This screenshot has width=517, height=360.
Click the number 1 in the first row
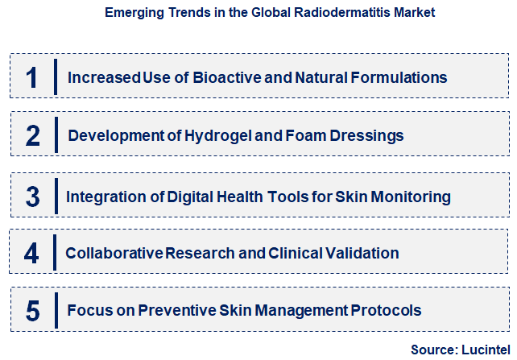point(32,78)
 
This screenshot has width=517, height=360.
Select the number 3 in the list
point(32,197)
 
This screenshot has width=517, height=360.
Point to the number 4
point(31,254)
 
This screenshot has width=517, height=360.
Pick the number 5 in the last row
point(32,310)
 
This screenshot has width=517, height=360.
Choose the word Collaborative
point(114,253)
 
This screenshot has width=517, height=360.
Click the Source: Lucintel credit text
point(457,350)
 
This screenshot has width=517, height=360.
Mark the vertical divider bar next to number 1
point(55,78)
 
